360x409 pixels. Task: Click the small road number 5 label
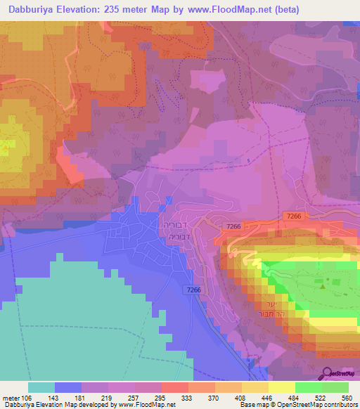(x=248, y=161)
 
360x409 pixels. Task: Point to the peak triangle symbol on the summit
(x=323, y=285)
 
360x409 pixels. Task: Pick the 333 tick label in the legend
(x=188, y=397)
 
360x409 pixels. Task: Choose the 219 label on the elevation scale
(x=108, y=397)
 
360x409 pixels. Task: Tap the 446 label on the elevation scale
(x=268, y=397)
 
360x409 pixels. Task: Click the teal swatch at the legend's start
(x=41, y=387)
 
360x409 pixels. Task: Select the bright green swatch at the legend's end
(x=335, y=387)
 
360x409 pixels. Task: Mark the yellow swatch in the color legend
(x=281, y=387)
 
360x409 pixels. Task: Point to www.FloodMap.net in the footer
(x=147, y=405)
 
